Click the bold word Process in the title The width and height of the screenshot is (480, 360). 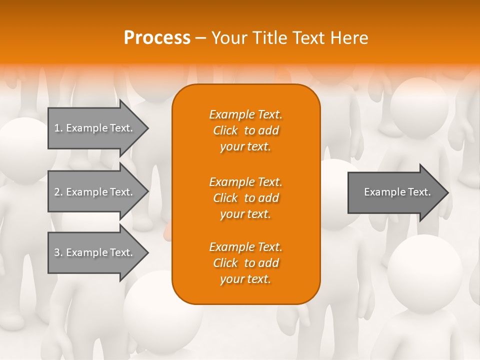(x=157, y=37)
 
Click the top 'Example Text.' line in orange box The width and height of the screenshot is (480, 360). (x=245, y=114)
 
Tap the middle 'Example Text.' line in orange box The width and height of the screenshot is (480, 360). (x=245, y=181)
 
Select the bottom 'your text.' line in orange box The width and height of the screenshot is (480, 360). (x=245, y=279)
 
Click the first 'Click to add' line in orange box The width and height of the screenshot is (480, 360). (x=245, y=130)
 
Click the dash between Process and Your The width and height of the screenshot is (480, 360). (x=200, y=37)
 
